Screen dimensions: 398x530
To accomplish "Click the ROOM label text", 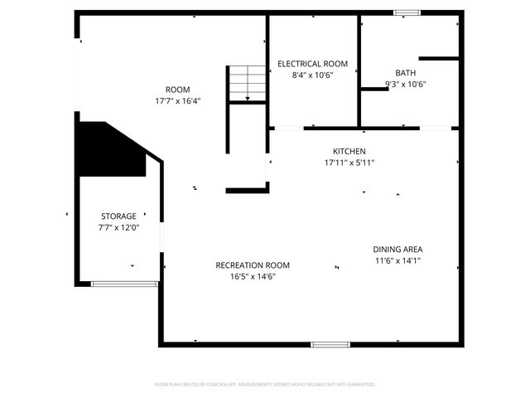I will [177, 90].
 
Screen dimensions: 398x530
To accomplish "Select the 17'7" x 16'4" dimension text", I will [177, 101].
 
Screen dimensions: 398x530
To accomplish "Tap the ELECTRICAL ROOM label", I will [312, 64].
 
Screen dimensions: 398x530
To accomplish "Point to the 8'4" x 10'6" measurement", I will [312, 75].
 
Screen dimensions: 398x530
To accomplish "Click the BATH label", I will [406, 73].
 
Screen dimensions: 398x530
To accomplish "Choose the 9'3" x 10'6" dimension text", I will [406, 84].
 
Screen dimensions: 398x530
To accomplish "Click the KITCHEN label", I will [349, 152].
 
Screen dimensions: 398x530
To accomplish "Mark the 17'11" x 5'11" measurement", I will [349, 163].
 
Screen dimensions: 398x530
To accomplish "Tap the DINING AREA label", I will [397, 249].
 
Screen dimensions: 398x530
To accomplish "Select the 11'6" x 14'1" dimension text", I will [397, 260].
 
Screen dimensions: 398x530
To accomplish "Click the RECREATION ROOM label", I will [253, 265].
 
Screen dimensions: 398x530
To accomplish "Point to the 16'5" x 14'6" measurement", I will [253, 277].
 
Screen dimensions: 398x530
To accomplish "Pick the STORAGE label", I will [118, 216].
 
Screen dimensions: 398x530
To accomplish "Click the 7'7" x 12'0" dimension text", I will [118, 227].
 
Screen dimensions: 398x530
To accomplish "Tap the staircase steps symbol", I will [246, 83].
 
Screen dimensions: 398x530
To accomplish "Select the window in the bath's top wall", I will [406, 12].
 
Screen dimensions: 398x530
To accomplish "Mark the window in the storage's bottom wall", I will [124, 284].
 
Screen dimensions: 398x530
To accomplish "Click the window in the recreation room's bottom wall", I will [330, 344].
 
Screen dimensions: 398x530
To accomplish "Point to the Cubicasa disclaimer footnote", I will [265, 385].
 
